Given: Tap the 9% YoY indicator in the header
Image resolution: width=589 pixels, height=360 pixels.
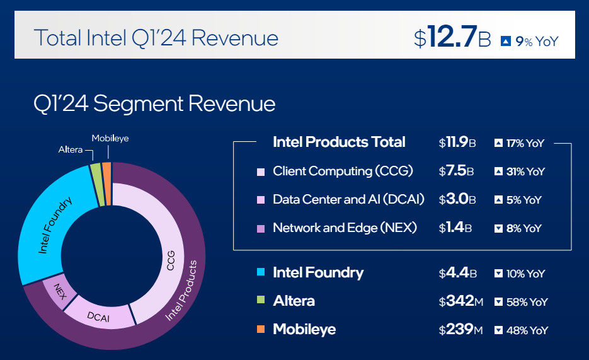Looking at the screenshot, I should [x=529, y=42].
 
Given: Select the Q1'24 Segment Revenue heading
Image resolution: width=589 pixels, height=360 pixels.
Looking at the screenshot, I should [x=154, y=103].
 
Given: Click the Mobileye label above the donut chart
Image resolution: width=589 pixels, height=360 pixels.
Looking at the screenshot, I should [x=110, y=138].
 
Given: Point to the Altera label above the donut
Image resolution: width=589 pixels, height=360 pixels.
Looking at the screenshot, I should [x=71, y=149].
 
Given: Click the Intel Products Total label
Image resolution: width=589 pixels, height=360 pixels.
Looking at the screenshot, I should [x=339, y=142].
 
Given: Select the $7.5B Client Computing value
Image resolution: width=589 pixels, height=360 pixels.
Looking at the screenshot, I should [x=457, y=171].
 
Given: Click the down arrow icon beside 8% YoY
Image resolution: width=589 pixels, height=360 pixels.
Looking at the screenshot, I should [x=500, y=229].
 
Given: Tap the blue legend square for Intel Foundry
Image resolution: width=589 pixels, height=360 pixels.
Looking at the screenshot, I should [x=261, y=273].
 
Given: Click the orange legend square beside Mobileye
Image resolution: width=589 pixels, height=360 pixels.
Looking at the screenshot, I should [x=261, y=330].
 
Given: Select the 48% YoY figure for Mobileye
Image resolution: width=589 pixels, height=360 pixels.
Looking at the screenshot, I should [x=528, y=330].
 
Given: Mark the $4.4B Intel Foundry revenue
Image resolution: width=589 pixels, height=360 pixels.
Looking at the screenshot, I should [x=457, y=274].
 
